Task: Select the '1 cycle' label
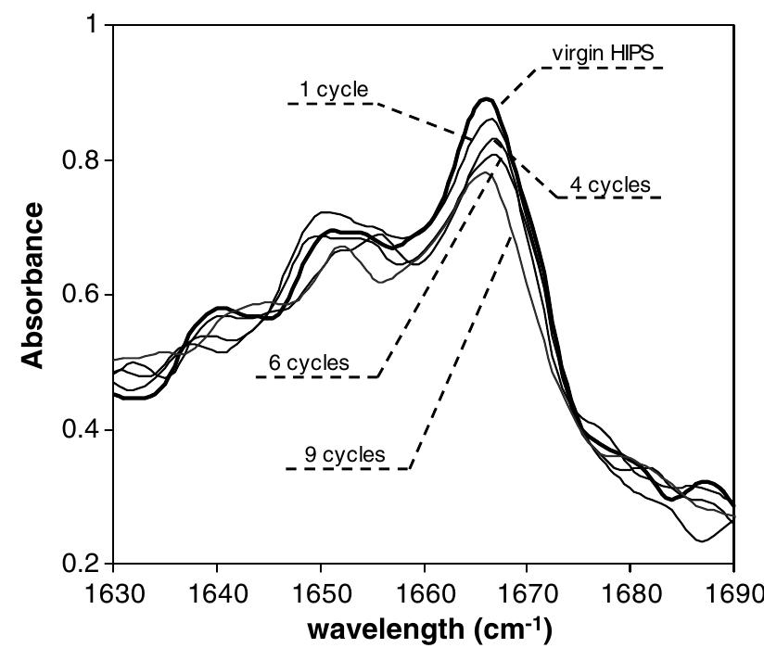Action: click(x=333, y=90)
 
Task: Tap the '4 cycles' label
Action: click(x=609, y=184)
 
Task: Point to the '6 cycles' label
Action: click(x=309, y=363)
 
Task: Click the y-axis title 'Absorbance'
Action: click(x=32, y=286)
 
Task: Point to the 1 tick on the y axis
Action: click(x=90, y=25)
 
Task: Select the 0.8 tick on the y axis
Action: click(x=79, y=160)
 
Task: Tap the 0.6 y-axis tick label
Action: click(x=79, y=295)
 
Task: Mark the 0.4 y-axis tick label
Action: click(x=79, y=430)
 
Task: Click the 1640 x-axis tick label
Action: click(x=217, y=591)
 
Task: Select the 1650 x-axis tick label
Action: click(x=321, y=591)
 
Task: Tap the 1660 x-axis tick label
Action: click(x=424, y=591)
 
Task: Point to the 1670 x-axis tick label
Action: click(x=528, y=591)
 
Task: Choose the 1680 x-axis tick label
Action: click(x=630, y=591)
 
